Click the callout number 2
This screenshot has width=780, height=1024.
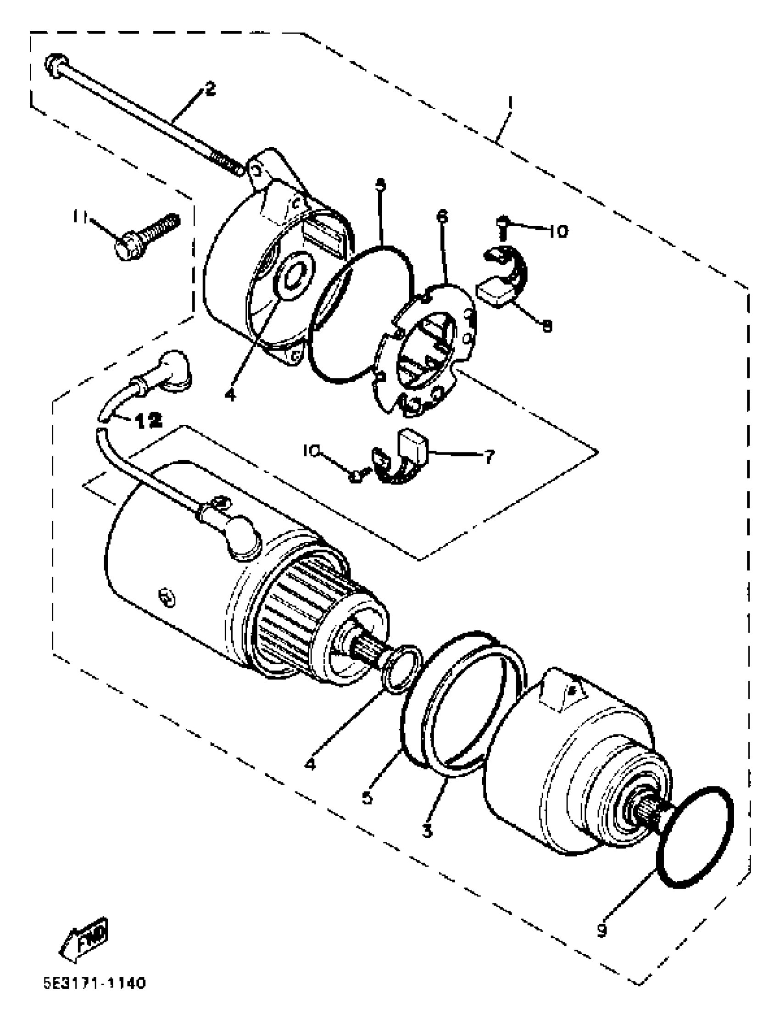click(210, 88)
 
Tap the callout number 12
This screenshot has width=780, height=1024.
click(149, 420)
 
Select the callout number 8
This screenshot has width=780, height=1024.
click(547, 326)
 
